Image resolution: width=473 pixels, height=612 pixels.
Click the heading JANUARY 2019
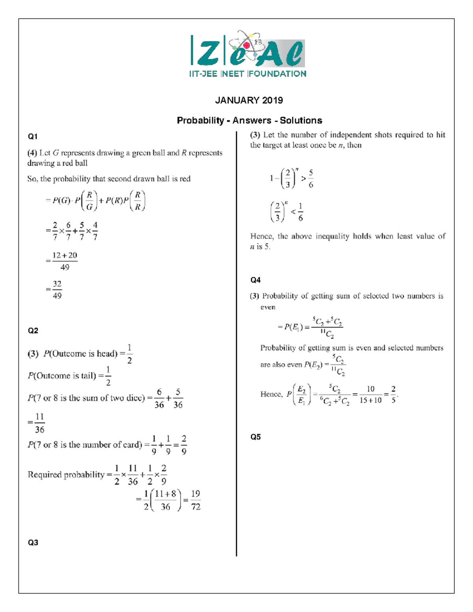pyautogui.click(x=249, y=100)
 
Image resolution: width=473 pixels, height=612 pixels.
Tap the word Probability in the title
pyautogui.click(x=200, y=121)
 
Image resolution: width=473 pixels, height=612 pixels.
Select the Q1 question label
pyautogui.click(x=33, y=137)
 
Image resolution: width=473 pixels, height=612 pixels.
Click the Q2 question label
pyautogui.click(x=33, y=331)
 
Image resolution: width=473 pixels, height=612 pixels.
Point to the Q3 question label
pyautogui.click(x=33, y=543)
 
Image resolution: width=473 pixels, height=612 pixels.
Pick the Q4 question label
pyautogui.click(x=255, y=280)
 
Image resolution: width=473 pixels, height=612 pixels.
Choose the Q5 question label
pyautogui.click(x=255, y=437)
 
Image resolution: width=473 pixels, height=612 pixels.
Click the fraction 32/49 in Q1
pyautogui.click(x=57, y=290)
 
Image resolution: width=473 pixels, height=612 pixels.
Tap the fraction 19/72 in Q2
pyautogui.click(x=196, y=500)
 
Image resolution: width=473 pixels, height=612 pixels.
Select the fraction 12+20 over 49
pyautogui.click(x=65, y=261)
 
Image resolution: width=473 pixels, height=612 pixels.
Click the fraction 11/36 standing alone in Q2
pyautogui.click(x=39, y=423)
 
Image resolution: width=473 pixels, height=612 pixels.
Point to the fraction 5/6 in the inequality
pyautogui.click(x=311, y=179)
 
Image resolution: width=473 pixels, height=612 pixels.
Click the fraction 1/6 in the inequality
pyautogui.click(x=300, y=212)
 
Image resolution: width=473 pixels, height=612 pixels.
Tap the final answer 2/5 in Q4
pyautogui.click(x=393, y=394)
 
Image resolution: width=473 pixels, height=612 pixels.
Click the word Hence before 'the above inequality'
pyautogui.click(x=261, y=236)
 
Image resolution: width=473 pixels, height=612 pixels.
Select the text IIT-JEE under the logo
pyautogui.click(x=203, y=74)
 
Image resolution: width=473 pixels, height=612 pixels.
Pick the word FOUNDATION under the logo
pyautogui.click(x=277, y=74)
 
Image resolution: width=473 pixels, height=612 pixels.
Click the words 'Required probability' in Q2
pyautogui.click(x=66, y=475)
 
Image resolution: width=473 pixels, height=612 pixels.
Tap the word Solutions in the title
pyautogui.click(x=301, y=121)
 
